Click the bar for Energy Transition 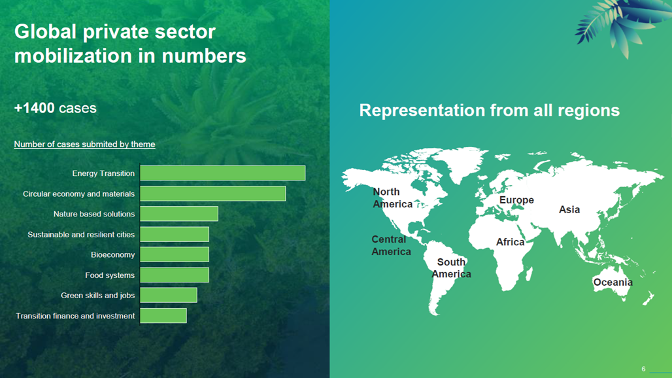click(222, 173)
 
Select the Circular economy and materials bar click(212, 194)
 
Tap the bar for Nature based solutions click(178, 214)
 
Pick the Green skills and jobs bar click(169, 296)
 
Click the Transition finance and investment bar click(163, 315)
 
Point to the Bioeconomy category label click(112, 254)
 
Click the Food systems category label click(110, 275)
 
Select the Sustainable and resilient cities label click(81, 234)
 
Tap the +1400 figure click(34, 108)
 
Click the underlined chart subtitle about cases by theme click(84, 145)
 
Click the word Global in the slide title click(45, 31)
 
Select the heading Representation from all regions click(490, 110)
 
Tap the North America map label click(392, 198)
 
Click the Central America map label click(391, 246)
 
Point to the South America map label click(451, 268)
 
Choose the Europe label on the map click(516, 200)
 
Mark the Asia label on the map click(569, 209)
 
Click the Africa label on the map click(510, 242)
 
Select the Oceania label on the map click(613, 282)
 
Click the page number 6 click(643, 369)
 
